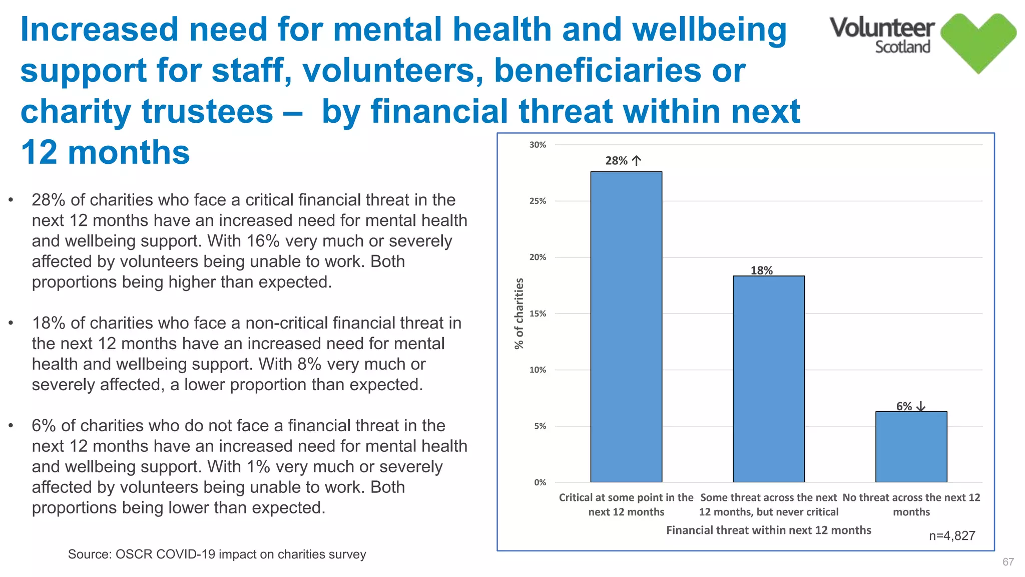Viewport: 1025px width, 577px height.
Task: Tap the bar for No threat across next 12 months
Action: [x=911, y=446]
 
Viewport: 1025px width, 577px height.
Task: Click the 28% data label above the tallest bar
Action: [x=616, y=161]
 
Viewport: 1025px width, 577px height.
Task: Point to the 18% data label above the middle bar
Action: [x=761, y=270]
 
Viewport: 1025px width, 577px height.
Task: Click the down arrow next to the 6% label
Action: [x=920, y=407]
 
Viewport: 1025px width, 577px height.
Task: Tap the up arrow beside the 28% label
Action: [x=636, y=161]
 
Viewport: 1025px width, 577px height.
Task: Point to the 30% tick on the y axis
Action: [x=538, y=145]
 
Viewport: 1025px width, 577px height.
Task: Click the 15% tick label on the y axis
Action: [x=538, y=314]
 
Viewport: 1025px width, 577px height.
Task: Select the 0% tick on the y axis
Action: [x=540, y=482]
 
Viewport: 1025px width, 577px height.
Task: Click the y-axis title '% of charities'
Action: [x=519, y=314]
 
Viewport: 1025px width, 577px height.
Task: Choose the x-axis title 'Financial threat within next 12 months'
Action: [x=768, y=530]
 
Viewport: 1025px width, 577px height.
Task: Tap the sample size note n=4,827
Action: [x=951, y=535]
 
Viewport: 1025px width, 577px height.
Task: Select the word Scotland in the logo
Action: [x=902, y=47]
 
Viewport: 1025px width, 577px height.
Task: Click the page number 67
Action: [x=1008, y=562]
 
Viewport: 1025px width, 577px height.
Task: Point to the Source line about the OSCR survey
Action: [x=217, y=554]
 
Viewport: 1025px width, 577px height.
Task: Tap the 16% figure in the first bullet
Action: [x=263, y=241]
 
